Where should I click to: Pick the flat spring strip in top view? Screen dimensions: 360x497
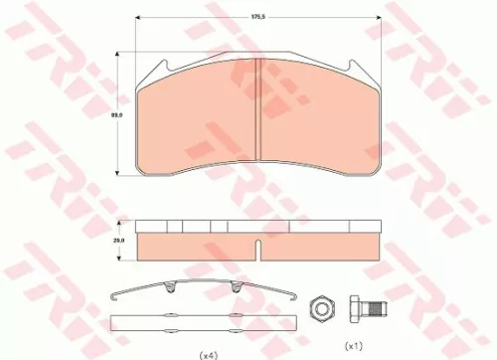(204, 321)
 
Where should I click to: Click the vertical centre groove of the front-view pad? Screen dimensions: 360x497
(258, 119)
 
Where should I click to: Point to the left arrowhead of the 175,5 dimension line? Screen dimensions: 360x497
(136, 18)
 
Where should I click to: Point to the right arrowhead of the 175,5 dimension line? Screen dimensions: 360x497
(381, 18)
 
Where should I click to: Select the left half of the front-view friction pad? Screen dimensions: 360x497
(199, 124)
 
